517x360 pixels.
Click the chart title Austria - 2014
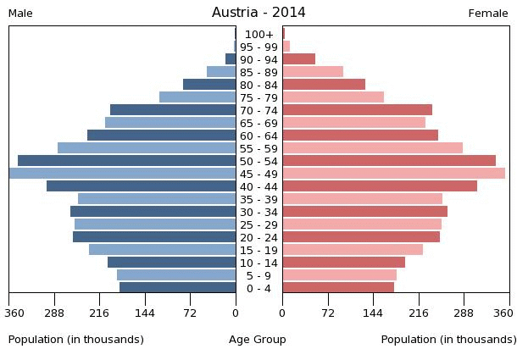[x=258, y=13]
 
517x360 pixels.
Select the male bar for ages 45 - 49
[x=123, y=174]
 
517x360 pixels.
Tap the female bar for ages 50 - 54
[x=389, y=161]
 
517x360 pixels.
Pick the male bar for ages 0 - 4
[x=178, y=288]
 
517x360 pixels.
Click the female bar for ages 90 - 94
[x=298, y=59]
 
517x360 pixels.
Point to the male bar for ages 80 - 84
[x=209, y=85]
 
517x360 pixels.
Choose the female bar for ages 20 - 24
[x=361, y=237]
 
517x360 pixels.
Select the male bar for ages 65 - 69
[x=170, y=123]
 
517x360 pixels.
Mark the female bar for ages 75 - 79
[x=333, y=97]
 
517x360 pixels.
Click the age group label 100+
[x=259, y=34]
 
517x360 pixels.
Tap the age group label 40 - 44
[x=259, y=186]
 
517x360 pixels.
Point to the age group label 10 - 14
[x=259, y=263]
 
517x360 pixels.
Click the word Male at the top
[x=20, y=14]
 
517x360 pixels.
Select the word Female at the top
[x=488, y=14]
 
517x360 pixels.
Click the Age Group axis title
[x=258, y=340]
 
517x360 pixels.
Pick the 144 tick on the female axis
[x=373, y=313]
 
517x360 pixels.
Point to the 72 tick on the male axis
[x=191, y=313]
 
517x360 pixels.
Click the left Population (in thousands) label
[x=76, y=340]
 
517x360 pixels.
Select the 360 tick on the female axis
[x=503, y=313]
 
